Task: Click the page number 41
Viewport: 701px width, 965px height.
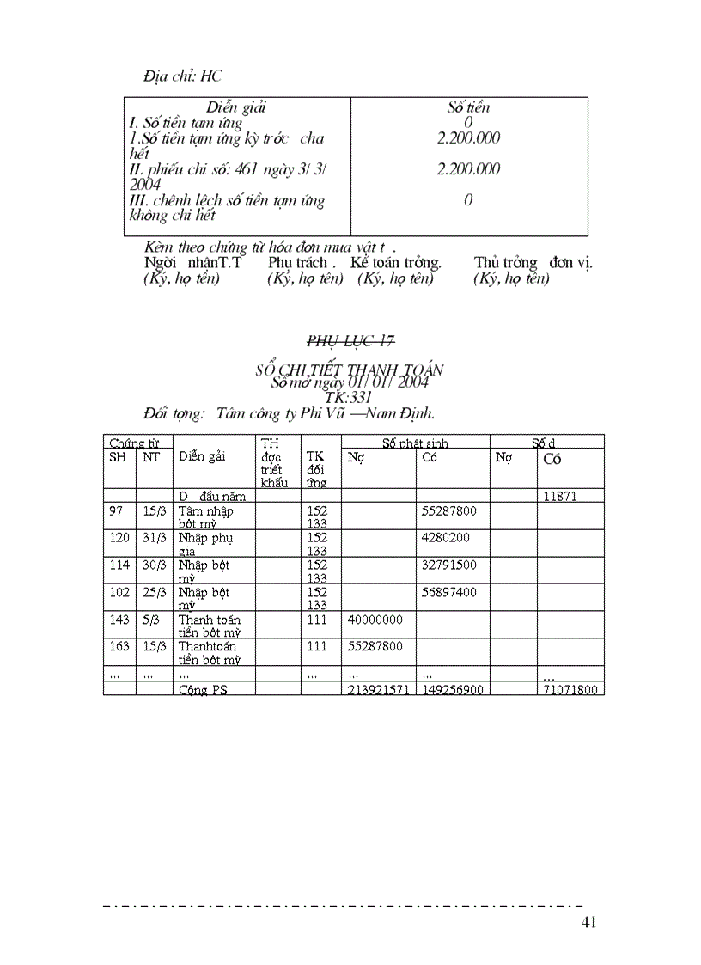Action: point(588,923)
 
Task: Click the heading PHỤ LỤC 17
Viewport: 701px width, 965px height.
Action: point(350,342)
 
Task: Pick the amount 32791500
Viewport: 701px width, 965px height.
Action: point(449,565)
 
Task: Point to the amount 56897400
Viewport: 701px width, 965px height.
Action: point(449,593)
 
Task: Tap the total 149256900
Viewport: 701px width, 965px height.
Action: point(452,690)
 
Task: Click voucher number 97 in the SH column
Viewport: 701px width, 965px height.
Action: point(116,511)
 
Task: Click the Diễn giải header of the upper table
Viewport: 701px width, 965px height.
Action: point(235,107)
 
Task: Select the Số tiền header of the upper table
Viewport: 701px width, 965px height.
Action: point(468,107)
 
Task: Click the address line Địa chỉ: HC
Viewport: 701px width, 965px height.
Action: point(183,76)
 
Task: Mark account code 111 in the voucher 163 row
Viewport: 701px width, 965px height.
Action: point(317,646)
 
